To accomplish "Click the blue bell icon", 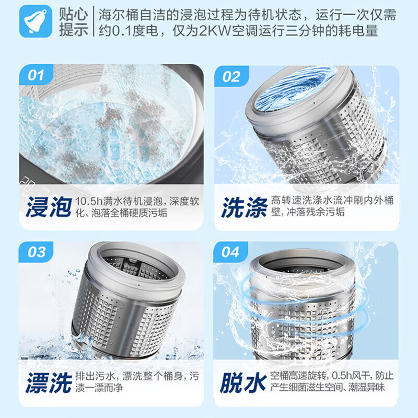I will tap(36, 21).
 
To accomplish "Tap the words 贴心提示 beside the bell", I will tap(73, 21).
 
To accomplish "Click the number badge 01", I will tap(36, 75).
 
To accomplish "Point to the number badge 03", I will tap(36, 252).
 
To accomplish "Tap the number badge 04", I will tap(230, 252).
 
